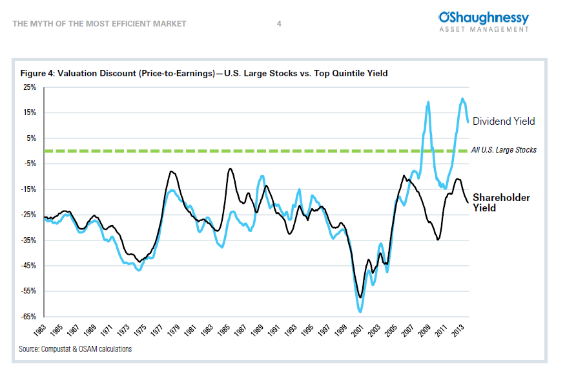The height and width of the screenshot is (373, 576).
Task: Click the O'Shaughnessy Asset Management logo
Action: point(483,21)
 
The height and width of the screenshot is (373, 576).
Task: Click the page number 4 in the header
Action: point(279,24)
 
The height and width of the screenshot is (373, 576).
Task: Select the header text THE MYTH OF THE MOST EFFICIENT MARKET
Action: point(99,24)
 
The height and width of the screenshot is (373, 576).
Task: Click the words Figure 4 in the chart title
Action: point(36,74)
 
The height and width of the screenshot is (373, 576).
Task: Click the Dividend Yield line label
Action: point(504,121)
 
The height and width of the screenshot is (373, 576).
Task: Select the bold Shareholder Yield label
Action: point(500,202)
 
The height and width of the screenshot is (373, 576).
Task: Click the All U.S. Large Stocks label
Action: point(504,150)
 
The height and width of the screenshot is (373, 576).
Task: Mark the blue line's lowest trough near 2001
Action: point(360,312)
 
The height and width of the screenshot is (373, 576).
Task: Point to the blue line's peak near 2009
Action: point(428,102)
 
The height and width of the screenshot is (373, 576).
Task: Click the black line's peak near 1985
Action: point(230,169)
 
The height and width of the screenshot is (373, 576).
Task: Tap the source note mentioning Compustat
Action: point(76,349)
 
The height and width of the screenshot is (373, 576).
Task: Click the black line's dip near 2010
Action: point(438,240)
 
